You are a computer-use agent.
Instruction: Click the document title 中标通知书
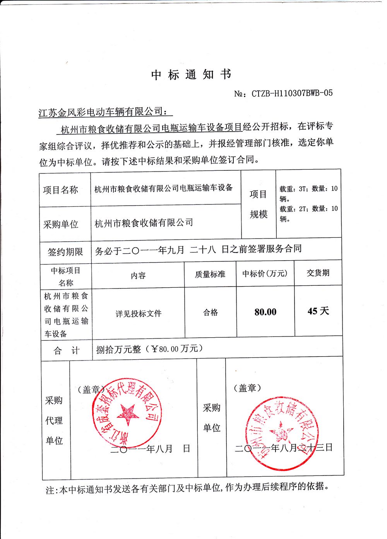pos(191,74)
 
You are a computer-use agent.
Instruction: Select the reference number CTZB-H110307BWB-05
pos(291,93)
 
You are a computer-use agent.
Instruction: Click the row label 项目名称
pos(60,190)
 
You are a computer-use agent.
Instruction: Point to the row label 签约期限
pos(65,252)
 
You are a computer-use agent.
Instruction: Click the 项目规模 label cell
pos(258,204)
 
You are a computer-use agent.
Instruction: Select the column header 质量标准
pos(210,275)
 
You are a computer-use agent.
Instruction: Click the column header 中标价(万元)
pos(265,274)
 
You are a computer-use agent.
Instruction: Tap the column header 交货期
pos(318,273)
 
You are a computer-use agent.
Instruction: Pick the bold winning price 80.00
pos(265,312)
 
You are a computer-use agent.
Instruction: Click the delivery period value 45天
pos(318,311)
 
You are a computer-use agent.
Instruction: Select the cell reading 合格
pos(211,312)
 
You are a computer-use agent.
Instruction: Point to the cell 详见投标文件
pos(138,314)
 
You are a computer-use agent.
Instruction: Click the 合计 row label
pos(66,351)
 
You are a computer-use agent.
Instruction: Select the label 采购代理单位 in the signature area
pos(54,420)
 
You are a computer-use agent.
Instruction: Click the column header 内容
pos(138,276)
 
